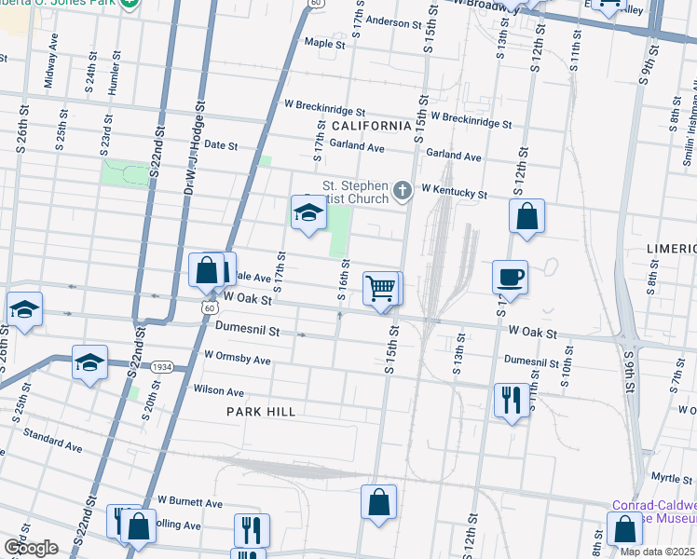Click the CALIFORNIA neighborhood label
pos(371,126)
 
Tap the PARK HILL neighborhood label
pos(261,412)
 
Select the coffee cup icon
pos(510,277)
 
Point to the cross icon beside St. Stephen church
pos(403,191)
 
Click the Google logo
pos(30,548)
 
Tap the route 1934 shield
pos(161,367)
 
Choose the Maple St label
pos(325,43)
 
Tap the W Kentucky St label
pos(454,191)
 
